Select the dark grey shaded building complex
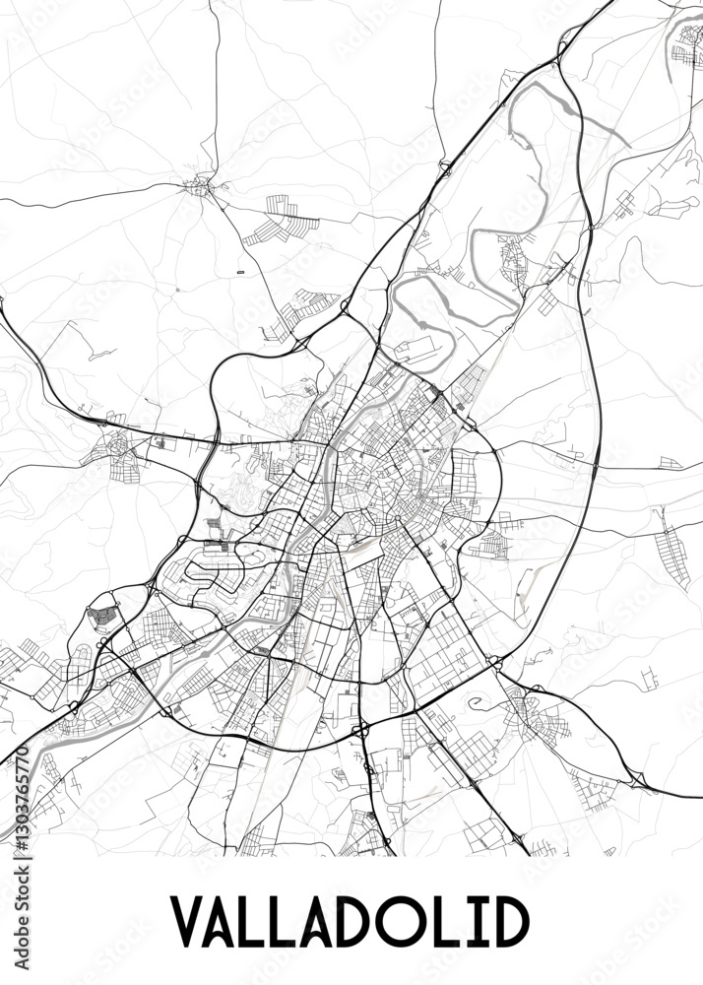[102, 617]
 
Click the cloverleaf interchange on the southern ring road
[360, 731]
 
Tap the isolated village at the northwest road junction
[201, 185]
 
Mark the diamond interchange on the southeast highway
[638, 779]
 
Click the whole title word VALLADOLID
[351, 921]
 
